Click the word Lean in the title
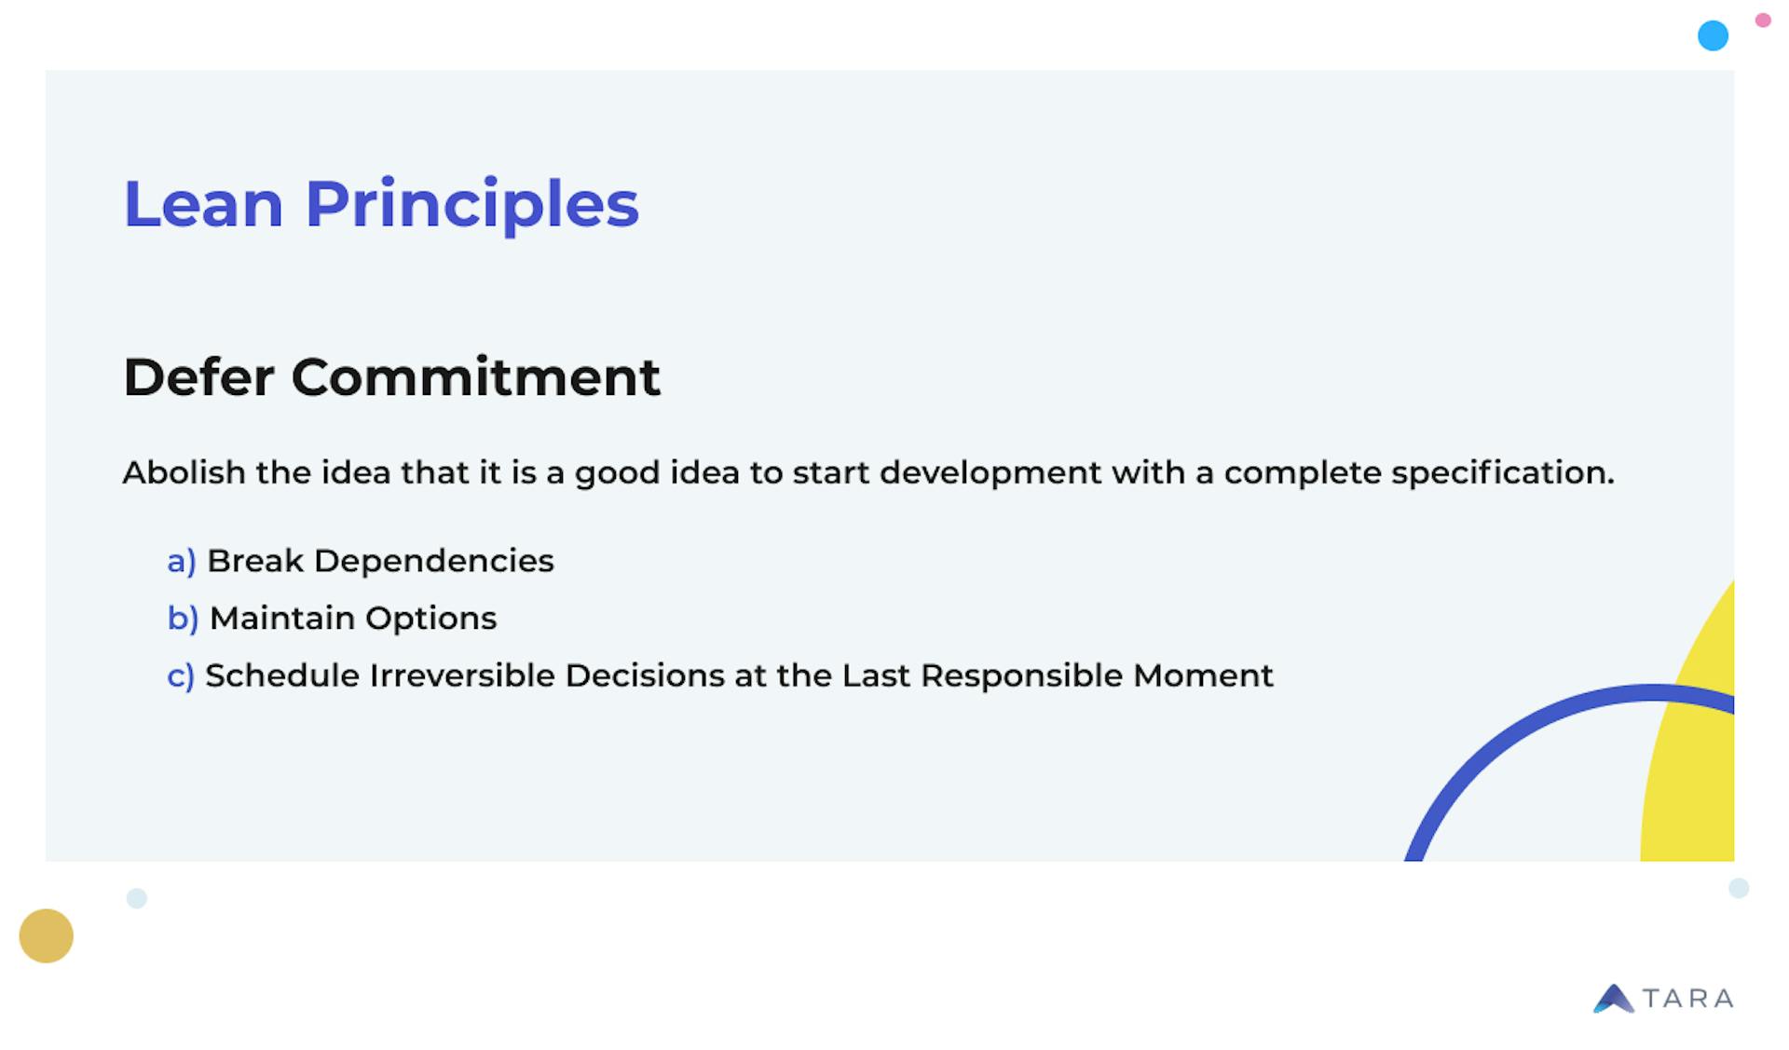203,203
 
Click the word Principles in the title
471,203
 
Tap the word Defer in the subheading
198,377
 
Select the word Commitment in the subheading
475,377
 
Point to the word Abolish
184,472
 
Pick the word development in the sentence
990,472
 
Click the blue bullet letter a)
181,561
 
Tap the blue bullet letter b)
183,618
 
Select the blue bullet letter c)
180,675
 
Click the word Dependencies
433,561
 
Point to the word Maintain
281,618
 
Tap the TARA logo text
1687,999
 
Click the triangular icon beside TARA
1613,999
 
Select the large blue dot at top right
1713,35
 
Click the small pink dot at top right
1763,20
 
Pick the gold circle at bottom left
46,935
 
